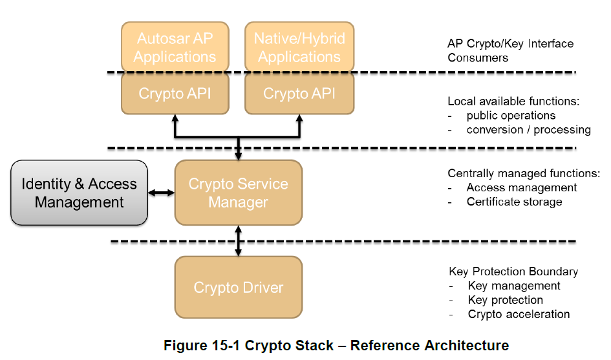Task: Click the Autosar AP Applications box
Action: (x=175, y=47)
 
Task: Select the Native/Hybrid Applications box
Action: (x=299, y=47)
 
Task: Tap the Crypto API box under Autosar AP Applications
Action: (x=175, y=94)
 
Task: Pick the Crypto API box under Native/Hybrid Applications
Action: (x=299, y=94)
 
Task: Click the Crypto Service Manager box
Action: (x=238, y=193)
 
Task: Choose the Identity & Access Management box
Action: (x=79, y=193)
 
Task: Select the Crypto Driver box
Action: (x=238, y=287)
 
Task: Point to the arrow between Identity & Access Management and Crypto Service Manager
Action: (x=161, y=193)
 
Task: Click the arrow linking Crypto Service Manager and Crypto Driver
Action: (x=239, y=240)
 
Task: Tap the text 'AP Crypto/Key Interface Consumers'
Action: (x=510, y=50)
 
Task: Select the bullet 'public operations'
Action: (x=511, y=116)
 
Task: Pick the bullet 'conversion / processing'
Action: (x=528, y=130)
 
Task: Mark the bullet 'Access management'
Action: (x=521, y=187)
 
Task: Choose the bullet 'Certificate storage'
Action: (x=514, y=202)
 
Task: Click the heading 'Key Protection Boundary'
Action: (x=513, y=271)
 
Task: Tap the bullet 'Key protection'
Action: (x=505, y=300)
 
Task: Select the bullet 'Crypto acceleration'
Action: (x=519, y=314)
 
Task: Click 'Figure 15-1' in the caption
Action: (x=198, y=346)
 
